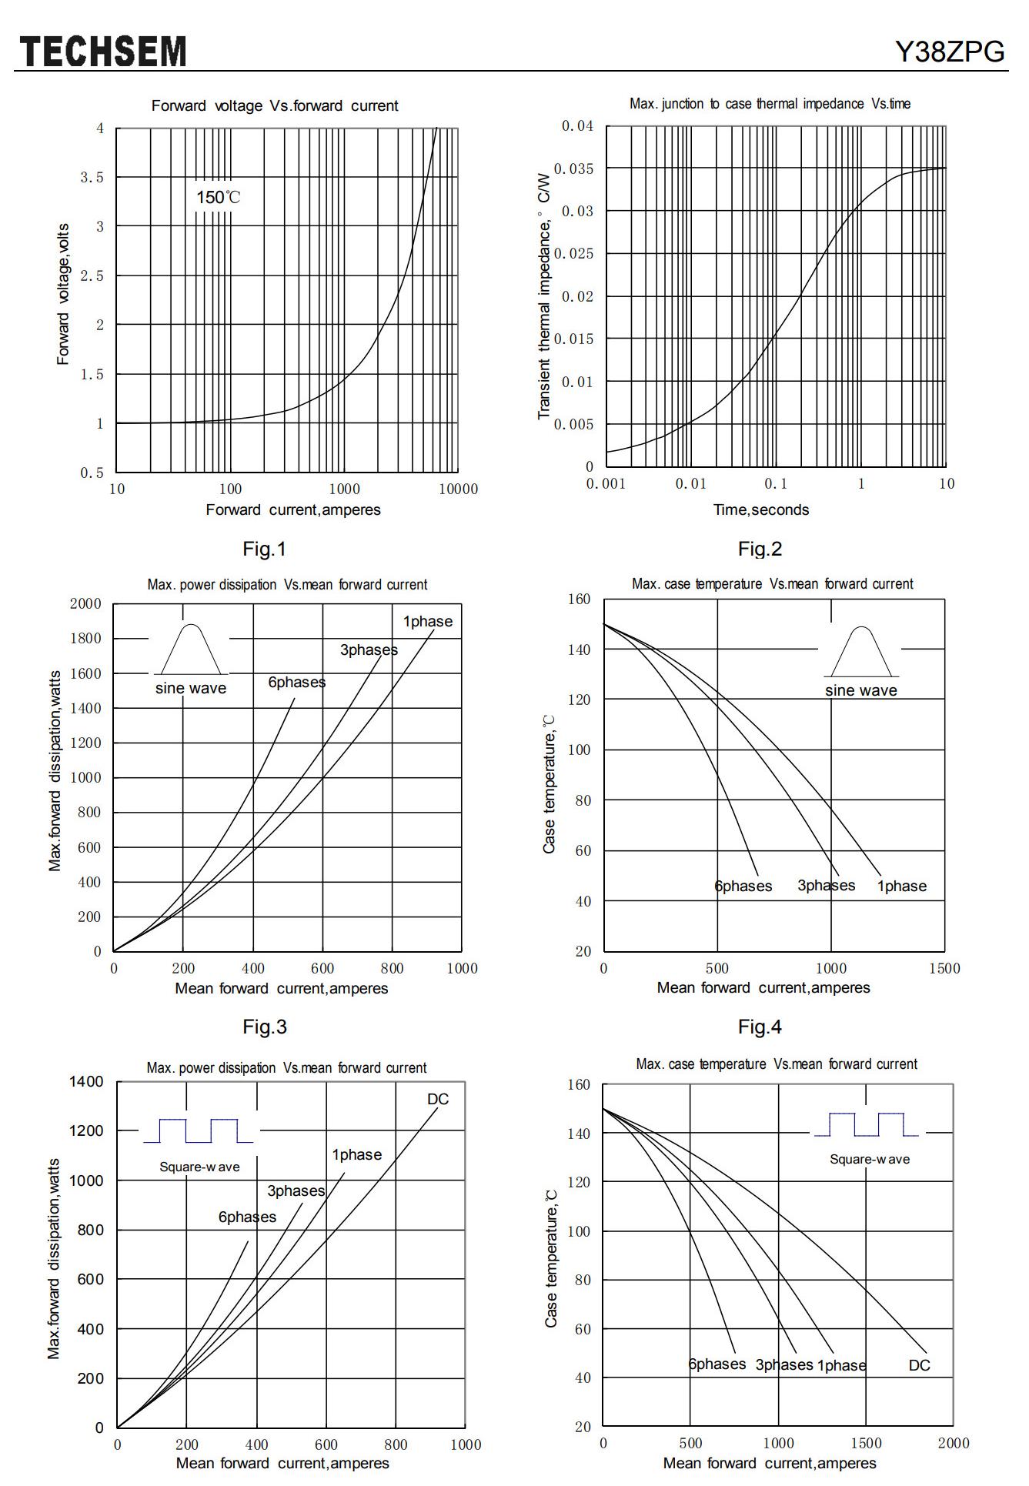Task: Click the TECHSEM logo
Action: (x=103, y=52)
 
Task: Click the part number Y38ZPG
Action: (x=950, y=52)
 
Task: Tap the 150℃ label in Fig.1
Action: (x=218, y=197)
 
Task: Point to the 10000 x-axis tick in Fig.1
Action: (x=458, y=489)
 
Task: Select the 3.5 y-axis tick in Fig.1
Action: (x=92, y=178)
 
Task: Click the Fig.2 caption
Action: (x=760, y=549)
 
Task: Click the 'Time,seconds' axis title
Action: (x=761, y=509)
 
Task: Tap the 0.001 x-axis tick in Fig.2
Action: (x=606, y=483)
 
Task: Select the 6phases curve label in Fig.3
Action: (x=296, y=682)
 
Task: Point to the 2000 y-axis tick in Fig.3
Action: (x=85, y=603)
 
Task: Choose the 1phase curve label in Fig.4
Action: (x=901, y=886)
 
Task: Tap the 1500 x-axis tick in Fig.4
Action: (x=944, y=968)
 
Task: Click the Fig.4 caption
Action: (x=760, y=1027)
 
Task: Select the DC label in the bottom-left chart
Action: (x=437, y=1099)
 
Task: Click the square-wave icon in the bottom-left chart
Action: (x=198, y=1130)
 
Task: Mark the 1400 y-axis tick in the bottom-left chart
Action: (x=86, y=1081)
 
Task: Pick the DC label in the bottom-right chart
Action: (x=919, y=1365)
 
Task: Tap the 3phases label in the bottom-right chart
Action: (x=783, y=1364)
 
